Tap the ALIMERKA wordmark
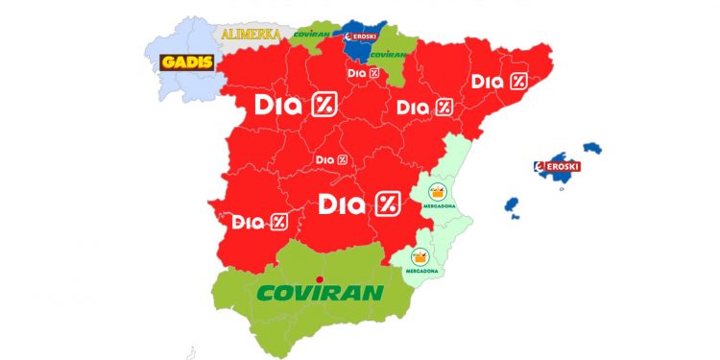(252, 35)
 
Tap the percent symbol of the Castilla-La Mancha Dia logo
(386, 204)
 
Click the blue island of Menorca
(592, 148)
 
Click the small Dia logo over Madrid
(331, 158)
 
